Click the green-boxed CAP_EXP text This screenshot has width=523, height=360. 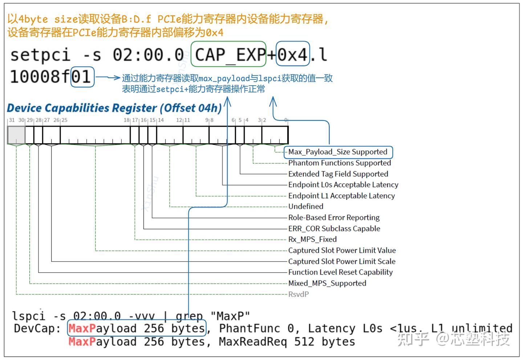229,54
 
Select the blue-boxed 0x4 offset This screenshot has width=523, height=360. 293,54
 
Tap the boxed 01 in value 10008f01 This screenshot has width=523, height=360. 82,77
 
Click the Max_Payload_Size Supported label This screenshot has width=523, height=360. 338,152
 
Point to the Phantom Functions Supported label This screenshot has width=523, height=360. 340,163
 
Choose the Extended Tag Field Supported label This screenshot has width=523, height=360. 338,174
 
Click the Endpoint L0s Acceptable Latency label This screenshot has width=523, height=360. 343,185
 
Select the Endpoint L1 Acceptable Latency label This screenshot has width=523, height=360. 341,196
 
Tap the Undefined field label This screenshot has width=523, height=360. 306,206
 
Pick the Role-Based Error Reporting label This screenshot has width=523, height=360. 334,217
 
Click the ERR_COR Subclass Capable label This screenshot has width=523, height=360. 334,229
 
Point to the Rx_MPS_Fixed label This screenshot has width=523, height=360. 312,240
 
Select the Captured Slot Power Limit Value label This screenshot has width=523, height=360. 342,250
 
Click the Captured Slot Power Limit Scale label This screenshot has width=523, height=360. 342,261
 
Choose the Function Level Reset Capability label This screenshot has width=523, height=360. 340,272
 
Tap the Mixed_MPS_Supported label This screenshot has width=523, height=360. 327,283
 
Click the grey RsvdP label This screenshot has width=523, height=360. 299,294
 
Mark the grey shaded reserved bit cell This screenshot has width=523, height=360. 16,135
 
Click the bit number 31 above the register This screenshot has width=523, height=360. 12,120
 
